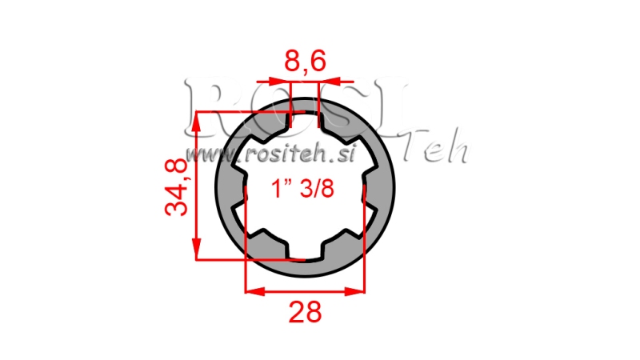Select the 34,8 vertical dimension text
pos(177,186)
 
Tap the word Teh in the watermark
pos(436,150)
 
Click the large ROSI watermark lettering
pos(296,104)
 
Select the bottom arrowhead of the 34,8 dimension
pos(196,251)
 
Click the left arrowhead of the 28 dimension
pos(250,290)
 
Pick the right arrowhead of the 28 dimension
pos(358,290)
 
